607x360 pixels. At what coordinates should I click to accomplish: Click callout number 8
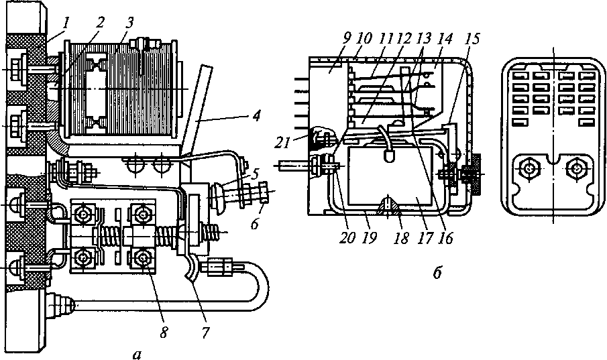pyautogui.click(x=164, y=332)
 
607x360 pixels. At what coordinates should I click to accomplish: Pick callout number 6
pyautogui.click(x=254, y=224)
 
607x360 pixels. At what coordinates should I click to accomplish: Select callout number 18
pyautogui.click(x=402, y=237)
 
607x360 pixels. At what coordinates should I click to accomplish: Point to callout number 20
pyautogui.click(x=347, y=237)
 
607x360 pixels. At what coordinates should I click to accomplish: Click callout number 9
pyautogui.click(x=347, y=38)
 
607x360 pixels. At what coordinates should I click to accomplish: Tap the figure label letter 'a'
pyautogui.click(x=136, y=353)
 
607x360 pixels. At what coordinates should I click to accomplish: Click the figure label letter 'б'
pyautogui.click(x=437, y=274)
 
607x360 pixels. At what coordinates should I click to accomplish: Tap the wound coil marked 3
pyautogui.click(x=122, y=88)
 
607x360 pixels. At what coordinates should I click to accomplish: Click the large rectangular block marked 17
pyautogui.click(x=390, y=176)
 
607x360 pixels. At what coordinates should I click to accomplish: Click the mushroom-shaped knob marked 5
pyautogui.click(x=217, y=196)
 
